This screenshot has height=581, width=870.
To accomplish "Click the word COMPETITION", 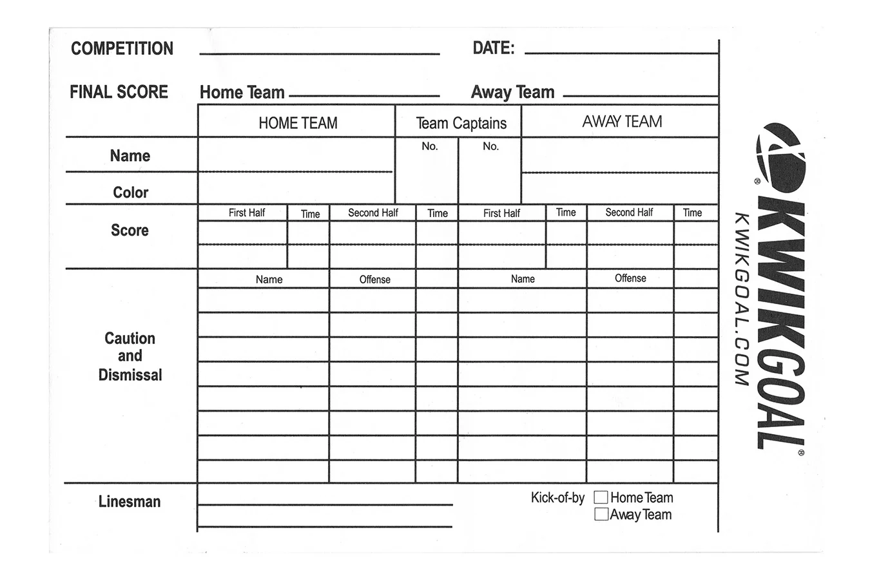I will pyautogui.click(x=122, y=49).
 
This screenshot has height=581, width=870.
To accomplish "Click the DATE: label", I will pyautogui.click(x=493, y=48).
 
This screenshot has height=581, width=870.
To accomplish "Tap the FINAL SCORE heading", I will pyautogui.click(x=119, y=92).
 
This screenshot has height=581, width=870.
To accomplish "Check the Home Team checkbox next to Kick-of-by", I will pyautogui.click(x=601, y=497).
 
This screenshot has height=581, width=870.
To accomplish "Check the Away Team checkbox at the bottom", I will pyautogui.click(x=601, y=514).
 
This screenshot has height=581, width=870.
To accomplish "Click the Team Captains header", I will pyautogui.click(x=461, y=123).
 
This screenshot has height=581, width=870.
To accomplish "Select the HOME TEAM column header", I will pyautogui.click(x=298, y=123).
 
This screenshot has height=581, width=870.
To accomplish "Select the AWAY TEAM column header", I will pyautogui.click(x=622, y=122).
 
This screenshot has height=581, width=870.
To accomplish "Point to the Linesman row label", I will pyautogui.click(x=130, y=502).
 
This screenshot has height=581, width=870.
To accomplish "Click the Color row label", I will pyautogui.click(x=131, y=193).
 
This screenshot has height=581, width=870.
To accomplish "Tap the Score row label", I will pyautogui.click(x=130, y=231).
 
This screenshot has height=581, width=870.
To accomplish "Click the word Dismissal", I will pyautogui.click(x=130, y=375).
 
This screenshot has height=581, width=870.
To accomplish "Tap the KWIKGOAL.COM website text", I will pyautogui.click(x=741, y=300).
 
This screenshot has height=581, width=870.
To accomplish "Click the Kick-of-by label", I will pyautogui.click(x=557, y=498).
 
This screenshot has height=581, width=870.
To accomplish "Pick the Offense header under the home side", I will pyautogui.click(x=374, y=280).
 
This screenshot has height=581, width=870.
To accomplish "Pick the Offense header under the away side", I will pyautogui.click(x=630, y=278).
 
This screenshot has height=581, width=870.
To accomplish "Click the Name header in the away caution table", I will pyautogui.click(x=523, y=279).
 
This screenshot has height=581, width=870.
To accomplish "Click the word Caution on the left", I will pyautogui.click(x=130, y=339).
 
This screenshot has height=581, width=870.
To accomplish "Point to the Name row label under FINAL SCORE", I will pyautogui.click(x=130, y=156).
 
